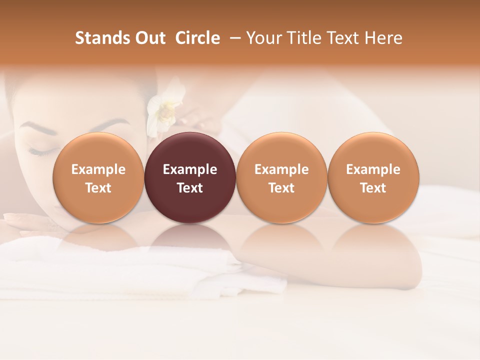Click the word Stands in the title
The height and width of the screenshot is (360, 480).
pos(96,38)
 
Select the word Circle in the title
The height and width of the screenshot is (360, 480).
pos(197,38)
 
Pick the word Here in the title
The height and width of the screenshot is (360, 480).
pos(384,38)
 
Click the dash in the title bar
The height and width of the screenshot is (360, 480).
pos(233,38)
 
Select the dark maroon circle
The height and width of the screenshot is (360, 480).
pos(190,177)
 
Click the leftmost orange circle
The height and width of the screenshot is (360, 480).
pos(98,177)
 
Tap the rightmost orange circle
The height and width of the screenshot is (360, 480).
pos(373,177)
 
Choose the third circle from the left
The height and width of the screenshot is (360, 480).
pos(281,177)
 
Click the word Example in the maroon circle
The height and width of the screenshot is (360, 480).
pos(190,169)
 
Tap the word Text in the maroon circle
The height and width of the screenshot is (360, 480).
pos(190,188)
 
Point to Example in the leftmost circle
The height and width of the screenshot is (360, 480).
pos(98,169)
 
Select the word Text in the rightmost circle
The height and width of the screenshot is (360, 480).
pos(373,188)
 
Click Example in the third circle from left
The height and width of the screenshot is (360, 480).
pos(281,169)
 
